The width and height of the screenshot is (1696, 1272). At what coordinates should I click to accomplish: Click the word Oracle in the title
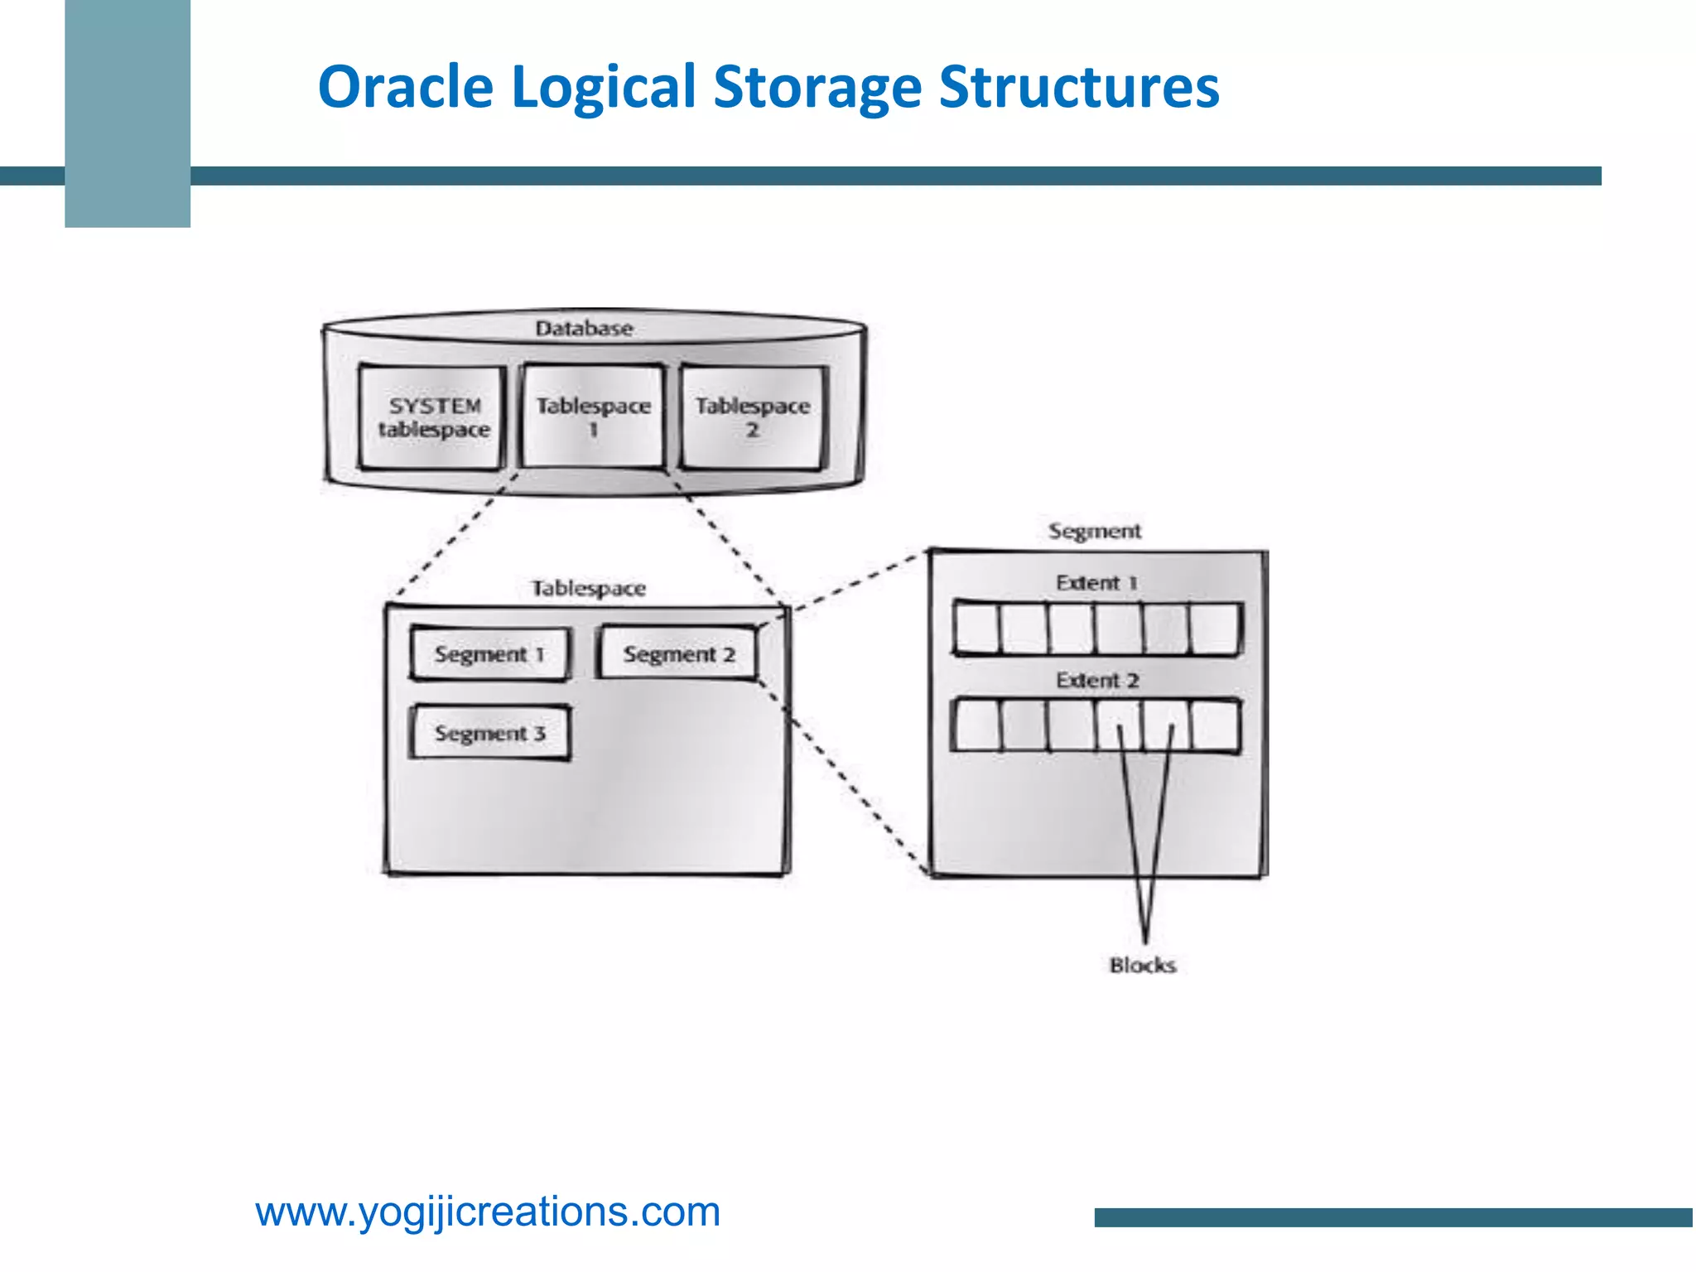[406, 87]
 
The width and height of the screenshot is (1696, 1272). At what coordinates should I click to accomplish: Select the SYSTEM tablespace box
[432, 418]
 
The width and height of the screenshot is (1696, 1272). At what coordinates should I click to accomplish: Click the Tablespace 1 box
[593, 417]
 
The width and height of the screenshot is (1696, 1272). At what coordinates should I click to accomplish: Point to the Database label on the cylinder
[584, 329]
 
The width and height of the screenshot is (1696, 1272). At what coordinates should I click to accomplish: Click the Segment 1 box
[489, 654]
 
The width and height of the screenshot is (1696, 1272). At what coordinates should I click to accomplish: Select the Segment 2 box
[678, 654]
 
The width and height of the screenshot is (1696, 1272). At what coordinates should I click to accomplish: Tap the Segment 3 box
[490, 733]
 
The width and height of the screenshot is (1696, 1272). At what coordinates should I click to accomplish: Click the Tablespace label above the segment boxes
[588, 589]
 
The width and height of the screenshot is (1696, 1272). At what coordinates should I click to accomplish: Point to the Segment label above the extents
[1094, 531]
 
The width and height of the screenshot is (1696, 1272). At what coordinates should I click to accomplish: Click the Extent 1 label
[1096, 583]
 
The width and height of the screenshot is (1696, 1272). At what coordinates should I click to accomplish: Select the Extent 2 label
[1097, 681]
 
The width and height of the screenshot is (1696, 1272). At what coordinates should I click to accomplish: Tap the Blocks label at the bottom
[1143, 966]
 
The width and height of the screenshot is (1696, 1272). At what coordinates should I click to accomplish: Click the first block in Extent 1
[977, 629]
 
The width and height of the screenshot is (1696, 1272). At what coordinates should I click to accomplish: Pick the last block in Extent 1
[1216, 629]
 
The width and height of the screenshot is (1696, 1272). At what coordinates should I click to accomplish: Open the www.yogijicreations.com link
[488, 1212]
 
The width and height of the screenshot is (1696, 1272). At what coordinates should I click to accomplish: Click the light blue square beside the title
[128, 113]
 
